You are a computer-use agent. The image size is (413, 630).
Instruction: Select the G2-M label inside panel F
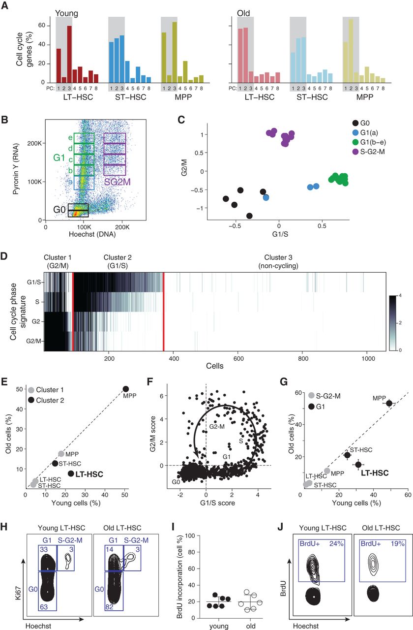pos(216,425)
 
